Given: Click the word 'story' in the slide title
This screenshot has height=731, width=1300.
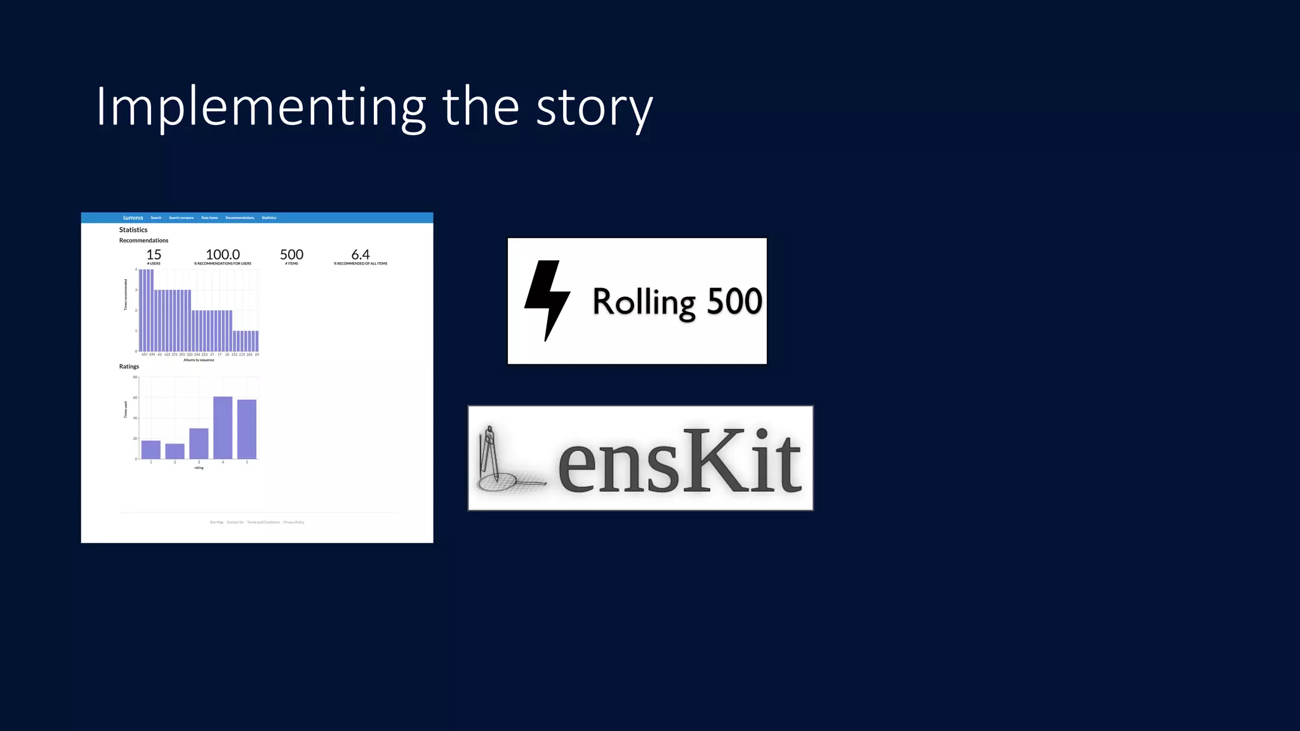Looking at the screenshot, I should (x=594, y=108).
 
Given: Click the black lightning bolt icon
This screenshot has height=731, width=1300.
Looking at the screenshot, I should (x=547, y=300).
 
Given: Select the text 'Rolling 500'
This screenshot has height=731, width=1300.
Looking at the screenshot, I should (x=677, y=301).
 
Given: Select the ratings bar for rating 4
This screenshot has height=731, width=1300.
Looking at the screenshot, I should (x=223, y=428).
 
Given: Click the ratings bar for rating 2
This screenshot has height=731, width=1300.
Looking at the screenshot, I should (x=175, y=451).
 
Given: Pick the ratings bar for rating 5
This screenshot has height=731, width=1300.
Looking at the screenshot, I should (x=247, y=429).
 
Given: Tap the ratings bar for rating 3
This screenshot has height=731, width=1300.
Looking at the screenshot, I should (x=199, y=444).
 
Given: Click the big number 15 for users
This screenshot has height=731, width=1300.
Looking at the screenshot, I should (x=154, y=254).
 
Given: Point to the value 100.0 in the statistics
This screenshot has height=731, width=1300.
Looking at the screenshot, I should (x=223, y=254).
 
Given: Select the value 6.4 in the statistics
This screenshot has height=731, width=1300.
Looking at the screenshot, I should (x=361, y=254).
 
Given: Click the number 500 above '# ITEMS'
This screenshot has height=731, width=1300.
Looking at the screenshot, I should (x=291, y=254).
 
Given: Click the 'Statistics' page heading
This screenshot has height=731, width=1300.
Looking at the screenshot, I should (x=133, y=230).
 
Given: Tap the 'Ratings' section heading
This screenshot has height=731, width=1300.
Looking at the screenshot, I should (x=129, y=367).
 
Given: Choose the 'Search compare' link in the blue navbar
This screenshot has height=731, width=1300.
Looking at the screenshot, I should (x=181, y=218).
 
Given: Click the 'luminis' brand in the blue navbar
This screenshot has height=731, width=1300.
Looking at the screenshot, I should (x=133, y=218).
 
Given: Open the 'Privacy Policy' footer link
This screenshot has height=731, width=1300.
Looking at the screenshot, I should (x=294, y=522).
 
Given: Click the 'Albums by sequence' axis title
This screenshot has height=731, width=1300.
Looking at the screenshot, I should (x=199, y=360).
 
